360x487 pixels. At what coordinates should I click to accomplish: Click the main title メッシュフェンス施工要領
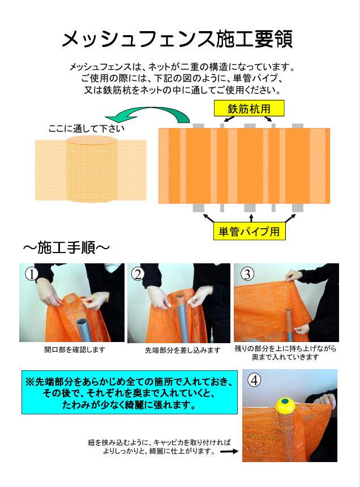point(177,39)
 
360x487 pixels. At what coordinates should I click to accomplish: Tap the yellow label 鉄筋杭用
point(249,108)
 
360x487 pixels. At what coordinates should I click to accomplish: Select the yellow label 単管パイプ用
point(249,232)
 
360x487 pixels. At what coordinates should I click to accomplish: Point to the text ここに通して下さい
point(86,129)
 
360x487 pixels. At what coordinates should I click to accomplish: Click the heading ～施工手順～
point(66,248)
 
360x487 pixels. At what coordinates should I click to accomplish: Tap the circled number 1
point(31,274)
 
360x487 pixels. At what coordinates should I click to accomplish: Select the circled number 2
point(138,274)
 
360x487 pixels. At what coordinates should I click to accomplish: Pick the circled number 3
point(247,274)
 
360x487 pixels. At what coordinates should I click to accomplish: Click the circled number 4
point(254,379)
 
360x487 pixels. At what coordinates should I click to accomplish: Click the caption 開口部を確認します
point(75,350)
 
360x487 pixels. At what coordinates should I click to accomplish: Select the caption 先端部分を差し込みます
point(183,351)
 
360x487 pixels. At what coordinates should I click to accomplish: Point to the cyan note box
point(130,392)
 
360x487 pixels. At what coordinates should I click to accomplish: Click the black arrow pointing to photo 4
point(229,451)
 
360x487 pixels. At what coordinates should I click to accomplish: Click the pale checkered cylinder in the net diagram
point(92,169)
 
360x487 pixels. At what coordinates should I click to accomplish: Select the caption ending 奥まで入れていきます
point(285,353)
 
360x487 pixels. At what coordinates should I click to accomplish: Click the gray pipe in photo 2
point(183,322)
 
